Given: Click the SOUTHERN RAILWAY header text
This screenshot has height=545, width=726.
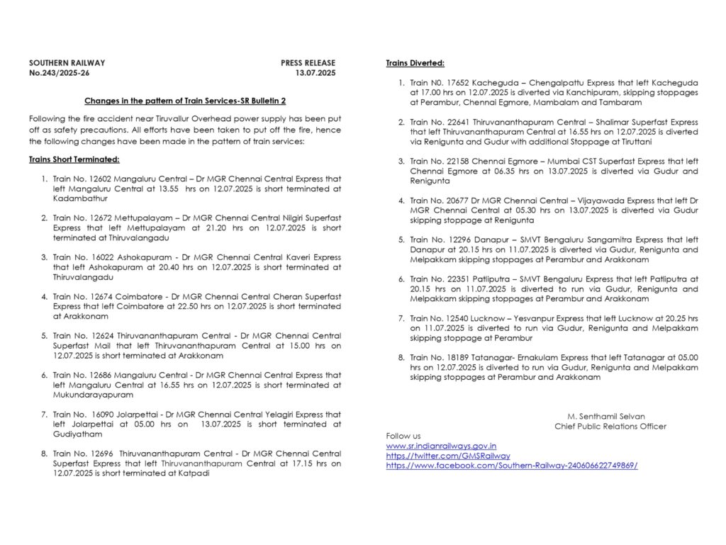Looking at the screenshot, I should pos(67,63).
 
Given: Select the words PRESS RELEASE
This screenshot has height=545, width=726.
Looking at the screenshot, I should pos(308,63).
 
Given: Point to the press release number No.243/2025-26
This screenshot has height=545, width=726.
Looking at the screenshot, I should pos(60,73).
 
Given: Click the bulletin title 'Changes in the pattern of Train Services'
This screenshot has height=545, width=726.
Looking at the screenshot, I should pos(184,101).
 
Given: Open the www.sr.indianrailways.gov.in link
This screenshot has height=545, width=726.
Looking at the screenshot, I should pos(440,446).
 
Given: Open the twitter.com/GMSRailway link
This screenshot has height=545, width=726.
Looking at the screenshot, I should pos(447,456).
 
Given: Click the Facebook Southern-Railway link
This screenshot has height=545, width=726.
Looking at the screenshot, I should pos(511,466).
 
